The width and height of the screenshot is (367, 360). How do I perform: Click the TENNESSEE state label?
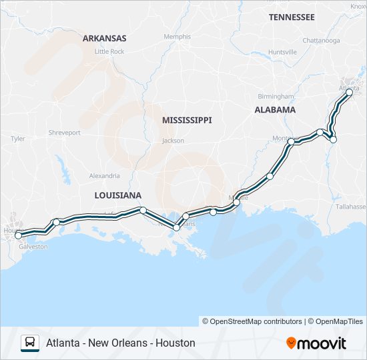292,17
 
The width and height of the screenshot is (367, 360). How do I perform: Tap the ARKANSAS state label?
105,39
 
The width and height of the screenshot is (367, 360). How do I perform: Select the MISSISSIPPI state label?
187,120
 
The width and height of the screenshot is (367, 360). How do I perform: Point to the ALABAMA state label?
275,109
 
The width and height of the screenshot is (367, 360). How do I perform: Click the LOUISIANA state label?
118,195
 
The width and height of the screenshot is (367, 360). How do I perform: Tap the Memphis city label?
177,37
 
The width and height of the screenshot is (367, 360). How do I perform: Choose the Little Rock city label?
109,51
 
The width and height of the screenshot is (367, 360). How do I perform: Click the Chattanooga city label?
321,41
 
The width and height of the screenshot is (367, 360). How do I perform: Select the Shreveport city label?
65,133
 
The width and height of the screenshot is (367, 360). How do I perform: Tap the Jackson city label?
173,141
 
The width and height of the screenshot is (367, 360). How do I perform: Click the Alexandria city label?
105,176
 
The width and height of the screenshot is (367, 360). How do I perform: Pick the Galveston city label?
33,246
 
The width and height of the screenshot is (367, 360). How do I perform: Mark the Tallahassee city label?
351,207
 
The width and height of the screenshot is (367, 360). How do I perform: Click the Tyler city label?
18,139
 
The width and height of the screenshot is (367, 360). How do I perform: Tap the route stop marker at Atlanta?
349,93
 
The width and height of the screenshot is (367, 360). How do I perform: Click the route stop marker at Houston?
18,235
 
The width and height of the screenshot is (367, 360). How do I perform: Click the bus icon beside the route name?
30,343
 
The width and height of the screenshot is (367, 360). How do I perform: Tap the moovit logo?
316,343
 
